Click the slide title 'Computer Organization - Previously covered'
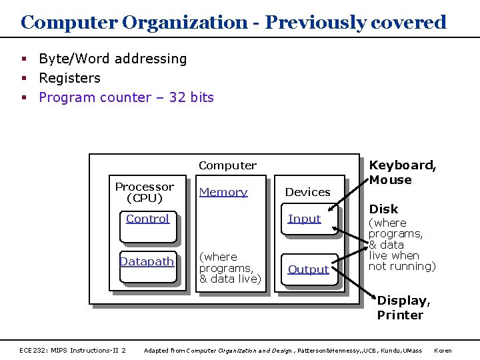233,22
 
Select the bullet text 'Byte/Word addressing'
113,59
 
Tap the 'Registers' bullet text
69,78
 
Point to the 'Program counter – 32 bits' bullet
126,97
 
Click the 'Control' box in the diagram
147,227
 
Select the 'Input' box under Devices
305,227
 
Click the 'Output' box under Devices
308,270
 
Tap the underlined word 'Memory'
223,192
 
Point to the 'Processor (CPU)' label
145,192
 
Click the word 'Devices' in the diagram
307,192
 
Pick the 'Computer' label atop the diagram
227,165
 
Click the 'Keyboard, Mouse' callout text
403,172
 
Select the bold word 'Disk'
383,209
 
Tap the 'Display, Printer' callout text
403,308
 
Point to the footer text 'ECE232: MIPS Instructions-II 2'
73,350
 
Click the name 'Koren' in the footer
443,350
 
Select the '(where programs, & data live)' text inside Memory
230,267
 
